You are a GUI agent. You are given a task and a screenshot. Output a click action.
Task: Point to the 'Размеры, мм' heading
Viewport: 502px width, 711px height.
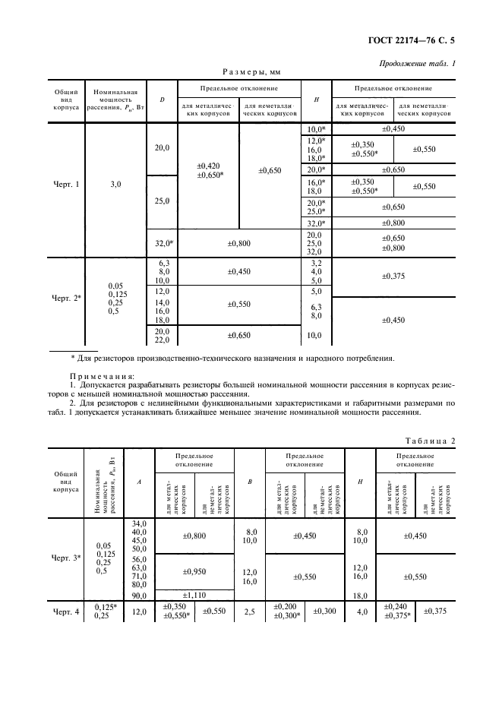(x=251, y=73)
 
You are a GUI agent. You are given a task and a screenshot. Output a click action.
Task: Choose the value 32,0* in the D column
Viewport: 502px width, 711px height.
(x=163, y=244)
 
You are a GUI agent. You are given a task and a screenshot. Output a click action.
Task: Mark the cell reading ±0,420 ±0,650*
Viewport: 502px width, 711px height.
(x=208, y=170)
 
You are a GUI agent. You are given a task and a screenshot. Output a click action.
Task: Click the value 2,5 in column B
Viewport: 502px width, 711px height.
(x=250, y=611)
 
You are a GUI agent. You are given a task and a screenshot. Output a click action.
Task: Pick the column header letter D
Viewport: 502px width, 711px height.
(x=161, y=100)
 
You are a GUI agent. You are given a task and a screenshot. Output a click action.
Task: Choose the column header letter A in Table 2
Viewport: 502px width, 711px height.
(x=138, y=482)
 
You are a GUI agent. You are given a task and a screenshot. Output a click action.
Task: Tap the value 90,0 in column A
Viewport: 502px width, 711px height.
(x=139, y=596)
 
